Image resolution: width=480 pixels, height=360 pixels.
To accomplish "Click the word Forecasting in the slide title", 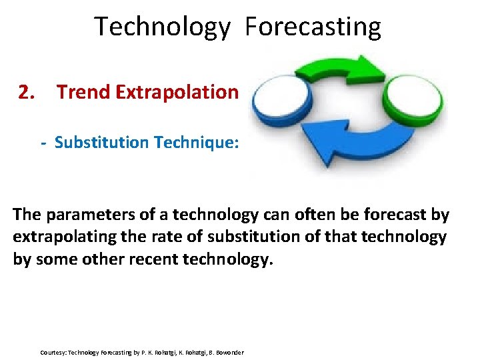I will coord(313,27).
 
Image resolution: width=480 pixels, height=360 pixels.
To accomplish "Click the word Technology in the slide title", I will coord(162,27).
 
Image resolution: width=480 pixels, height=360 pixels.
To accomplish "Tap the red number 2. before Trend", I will coord(27,91).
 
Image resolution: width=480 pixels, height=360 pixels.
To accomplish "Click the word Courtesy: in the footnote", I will coord(53,352).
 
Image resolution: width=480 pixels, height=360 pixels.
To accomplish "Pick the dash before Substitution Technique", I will coord(43,143).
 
